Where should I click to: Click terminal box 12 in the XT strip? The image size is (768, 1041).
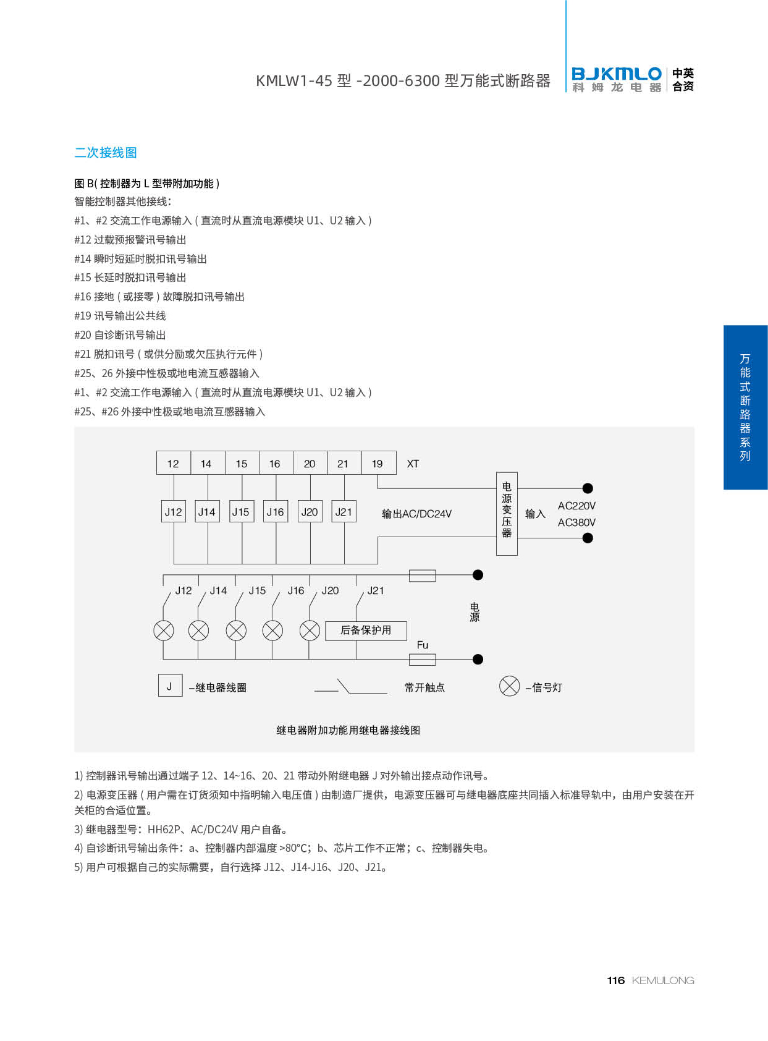click(x=173, y=463)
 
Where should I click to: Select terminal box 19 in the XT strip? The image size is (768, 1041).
click(x=378, y=463)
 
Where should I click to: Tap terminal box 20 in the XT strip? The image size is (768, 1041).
click(x=310, y=463)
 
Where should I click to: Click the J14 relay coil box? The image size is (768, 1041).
click(x=207, y=511)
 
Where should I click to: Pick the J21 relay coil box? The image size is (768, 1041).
click(x=344, y=511)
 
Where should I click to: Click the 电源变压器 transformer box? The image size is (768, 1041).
click(x=507, y=513)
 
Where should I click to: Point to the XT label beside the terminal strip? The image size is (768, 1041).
click(x=413, y=464)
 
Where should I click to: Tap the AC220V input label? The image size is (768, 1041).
click(x=576, y=506)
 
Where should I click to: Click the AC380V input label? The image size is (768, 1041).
click(x=576, y=522)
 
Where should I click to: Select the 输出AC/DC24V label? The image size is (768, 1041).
click(x=416, y=514)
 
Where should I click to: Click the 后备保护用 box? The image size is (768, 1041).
click(x=366, y=630)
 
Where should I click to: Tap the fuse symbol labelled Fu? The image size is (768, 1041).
click(x=423, y=659)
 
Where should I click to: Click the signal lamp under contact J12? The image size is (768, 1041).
click(x=164, y=630)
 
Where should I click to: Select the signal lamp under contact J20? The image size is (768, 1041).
click(x=310, y=630)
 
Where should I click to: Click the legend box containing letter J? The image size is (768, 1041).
click(x=170, y=686)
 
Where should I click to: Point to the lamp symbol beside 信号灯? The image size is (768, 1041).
click(x=509, y=686)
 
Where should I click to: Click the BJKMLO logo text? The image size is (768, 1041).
click(x=616, y=74)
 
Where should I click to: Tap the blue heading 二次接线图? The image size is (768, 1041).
click(x=106, y=153)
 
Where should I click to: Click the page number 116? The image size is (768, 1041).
click(x=615, y=980)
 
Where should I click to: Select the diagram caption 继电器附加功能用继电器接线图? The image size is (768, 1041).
click(x=348, y=730)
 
